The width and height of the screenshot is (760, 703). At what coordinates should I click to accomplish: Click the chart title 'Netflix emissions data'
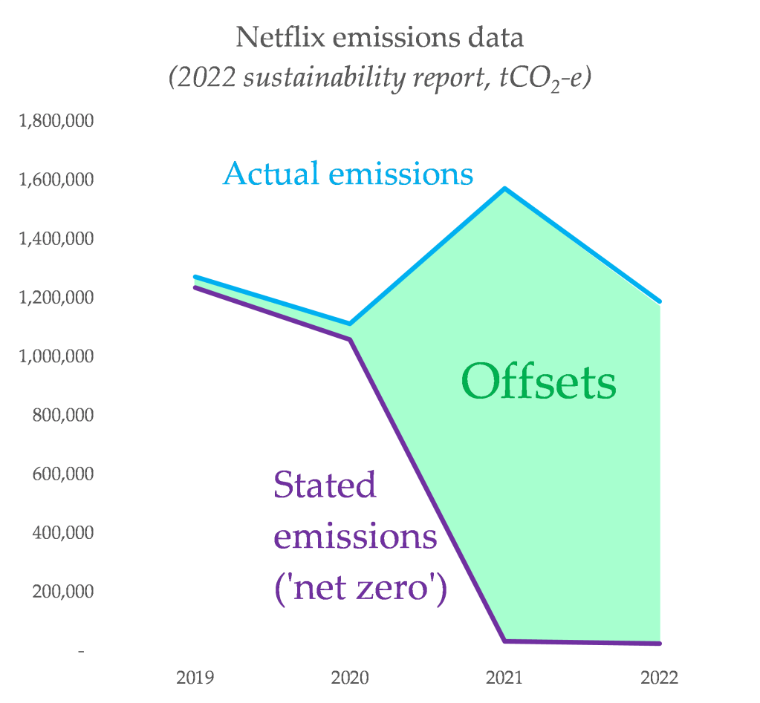click(380, 36)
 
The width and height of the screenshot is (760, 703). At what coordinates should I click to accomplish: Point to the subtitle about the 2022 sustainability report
click(380, 77)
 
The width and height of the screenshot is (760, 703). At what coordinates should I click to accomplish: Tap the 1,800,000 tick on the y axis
click(56, 121)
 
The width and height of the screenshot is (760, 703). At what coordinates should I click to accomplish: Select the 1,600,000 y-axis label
click(56, 180)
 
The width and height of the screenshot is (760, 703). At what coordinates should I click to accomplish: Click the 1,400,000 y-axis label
click(56, 239)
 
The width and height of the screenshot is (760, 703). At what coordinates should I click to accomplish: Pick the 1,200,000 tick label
click(56, 298)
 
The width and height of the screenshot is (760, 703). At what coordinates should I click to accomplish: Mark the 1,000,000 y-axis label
click(56, 356)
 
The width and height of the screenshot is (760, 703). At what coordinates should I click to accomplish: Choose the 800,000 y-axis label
click(63, 415)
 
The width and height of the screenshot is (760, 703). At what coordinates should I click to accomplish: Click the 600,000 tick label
click(63, 474)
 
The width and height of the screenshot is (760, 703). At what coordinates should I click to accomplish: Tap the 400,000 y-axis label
click(63, 533)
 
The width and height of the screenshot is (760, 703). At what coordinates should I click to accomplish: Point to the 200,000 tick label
click(63, 592)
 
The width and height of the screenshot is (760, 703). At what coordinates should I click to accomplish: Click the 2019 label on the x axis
click(195, 678)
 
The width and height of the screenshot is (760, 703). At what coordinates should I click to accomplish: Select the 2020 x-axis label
click(350, 678)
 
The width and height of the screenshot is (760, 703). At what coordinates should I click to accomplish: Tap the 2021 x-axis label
click(504, 678)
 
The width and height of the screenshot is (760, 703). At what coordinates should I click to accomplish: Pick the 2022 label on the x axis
click(659, 678)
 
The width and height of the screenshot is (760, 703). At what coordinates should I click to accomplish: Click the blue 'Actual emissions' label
click(348, 174)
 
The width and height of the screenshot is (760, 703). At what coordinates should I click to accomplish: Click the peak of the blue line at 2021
click(505, 189)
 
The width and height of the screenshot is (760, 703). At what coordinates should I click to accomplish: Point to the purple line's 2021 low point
click(505, 641)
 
